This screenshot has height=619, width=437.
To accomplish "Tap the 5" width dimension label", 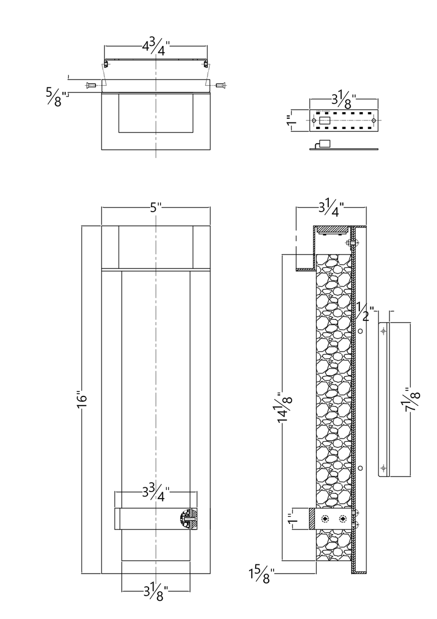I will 156,208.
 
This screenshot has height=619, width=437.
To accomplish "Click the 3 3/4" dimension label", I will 156,492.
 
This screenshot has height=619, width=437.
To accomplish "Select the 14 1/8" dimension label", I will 284,405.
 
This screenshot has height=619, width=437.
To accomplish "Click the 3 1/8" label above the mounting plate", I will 344,99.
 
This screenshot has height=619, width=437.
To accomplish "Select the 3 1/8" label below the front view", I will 156,591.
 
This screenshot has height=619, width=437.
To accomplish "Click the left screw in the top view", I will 91,85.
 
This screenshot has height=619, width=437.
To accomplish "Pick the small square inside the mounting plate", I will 324,120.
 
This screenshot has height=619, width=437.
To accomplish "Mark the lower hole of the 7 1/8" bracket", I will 383,468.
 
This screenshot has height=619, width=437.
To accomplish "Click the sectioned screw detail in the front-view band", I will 188,518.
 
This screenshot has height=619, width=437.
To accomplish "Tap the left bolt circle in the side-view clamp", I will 326,518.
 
